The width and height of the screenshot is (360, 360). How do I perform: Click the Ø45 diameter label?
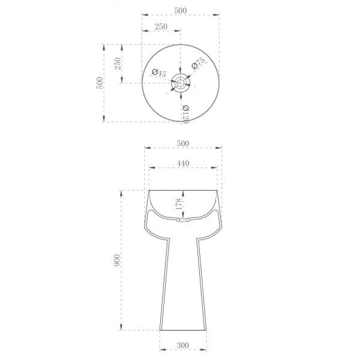159,73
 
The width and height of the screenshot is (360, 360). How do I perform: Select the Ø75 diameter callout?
199,64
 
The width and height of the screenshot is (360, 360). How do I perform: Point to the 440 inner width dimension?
183,163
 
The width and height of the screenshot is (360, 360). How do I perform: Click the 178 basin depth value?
178,203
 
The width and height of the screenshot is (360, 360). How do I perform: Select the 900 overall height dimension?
118,260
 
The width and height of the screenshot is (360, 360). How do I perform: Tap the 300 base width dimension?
183,346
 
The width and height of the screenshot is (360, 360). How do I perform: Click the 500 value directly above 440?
183,143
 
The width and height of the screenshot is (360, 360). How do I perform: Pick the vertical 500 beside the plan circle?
100,83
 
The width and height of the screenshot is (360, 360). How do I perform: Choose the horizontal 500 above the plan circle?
180,11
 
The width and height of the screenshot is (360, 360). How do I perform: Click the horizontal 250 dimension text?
161,26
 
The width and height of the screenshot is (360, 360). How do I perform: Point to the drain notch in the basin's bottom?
183,220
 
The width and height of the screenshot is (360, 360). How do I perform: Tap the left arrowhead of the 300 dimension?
161,352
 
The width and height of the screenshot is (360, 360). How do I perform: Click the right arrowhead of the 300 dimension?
205,352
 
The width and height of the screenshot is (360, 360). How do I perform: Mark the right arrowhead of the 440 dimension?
217,168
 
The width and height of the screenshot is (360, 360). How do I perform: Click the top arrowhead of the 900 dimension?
122,191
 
